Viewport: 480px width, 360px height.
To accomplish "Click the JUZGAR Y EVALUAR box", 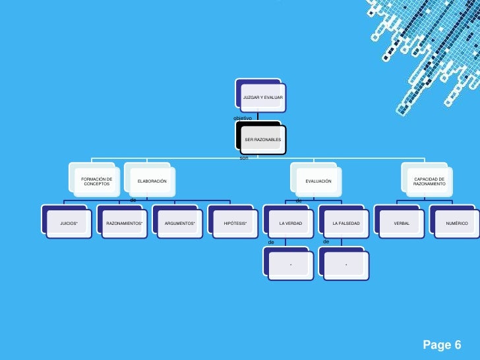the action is click(x=262, y=98).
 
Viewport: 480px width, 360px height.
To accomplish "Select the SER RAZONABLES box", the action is click(x=262, y=140).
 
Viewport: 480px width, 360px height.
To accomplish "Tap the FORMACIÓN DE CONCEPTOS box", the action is click(x=96, y=181).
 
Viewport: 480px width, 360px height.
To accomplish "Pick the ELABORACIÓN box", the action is click(x=152, y=181).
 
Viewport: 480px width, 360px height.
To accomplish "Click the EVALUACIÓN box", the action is click(x=318, y=181).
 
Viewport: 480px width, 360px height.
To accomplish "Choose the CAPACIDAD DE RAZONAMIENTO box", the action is click(x=429, y=181).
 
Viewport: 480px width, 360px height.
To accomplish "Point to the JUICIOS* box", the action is click(x=69, y=224).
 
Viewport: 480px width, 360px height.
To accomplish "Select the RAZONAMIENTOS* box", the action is click(x=124, y=224).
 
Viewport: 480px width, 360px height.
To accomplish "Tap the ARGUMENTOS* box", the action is click(x=180, y=224).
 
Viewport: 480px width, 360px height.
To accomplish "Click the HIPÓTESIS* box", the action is click(x=235, y=224).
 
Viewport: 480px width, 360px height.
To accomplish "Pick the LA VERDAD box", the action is click(x=291, y=224).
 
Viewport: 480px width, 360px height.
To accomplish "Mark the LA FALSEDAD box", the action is click(x=346, y=224).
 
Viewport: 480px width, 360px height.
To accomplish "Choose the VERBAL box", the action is click(x=402, y=224).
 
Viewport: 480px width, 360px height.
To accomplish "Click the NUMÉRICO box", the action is click(x=456, y=224).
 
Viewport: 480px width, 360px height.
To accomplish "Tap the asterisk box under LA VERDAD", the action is click(x=291, y=265).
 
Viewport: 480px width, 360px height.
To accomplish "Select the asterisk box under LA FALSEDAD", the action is click(x=346, y=265).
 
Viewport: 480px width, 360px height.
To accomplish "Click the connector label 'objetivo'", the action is click(x=243, y=117).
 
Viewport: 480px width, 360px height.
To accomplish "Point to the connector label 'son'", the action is click(x=243, y=158).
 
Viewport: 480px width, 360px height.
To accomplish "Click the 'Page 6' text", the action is click(x=441, y=345).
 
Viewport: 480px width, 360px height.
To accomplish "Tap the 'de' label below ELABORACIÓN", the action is click(x=133, y=199).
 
